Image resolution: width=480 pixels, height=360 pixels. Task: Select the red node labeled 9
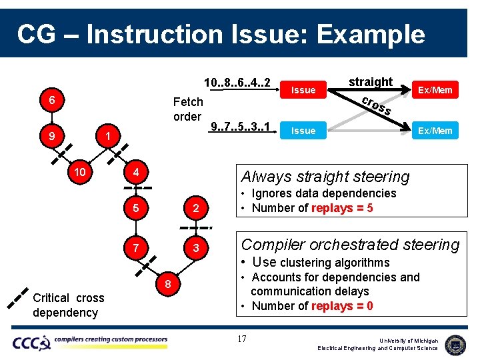(51, 137)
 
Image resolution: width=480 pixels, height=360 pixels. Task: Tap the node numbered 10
(80, 172)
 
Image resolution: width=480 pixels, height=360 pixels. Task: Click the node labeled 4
(135, 172)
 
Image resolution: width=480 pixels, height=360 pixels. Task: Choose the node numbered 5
(135, 208)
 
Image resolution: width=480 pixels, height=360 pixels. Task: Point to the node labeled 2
(195, 208)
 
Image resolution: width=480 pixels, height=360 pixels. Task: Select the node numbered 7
(135, 248)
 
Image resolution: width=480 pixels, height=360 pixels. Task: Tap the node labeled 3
(195, 248)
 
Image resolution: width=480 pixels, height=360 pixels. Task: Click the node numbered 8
(169, 285)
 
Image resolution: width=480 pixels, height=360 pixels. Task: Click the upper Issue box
(303, 90)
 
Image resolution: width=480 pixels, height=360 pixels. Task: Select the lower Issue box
(303, 131)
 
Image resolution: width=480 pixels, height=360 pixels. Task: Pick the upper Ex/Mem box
(435, 90)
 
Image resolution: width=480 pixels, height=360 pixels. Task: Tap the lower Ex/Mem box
(435, 131)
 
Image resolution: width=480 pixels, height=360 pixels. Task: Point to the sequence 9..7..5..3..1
(240, 127)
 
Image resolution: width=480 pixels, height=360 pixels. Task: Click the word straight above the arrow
(371, 81)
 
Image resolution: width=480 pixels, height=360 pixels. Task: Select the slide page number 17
(242, 339)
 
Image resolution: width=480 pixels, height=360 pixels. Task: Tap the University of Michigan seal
(455, 344)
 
